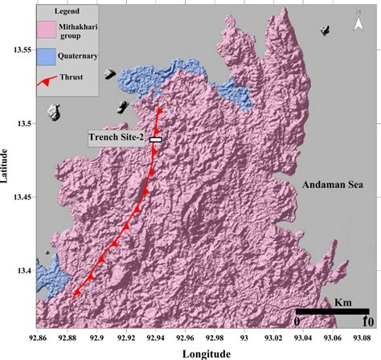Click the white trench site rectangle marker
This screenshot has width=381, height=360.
click(156, 139)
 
